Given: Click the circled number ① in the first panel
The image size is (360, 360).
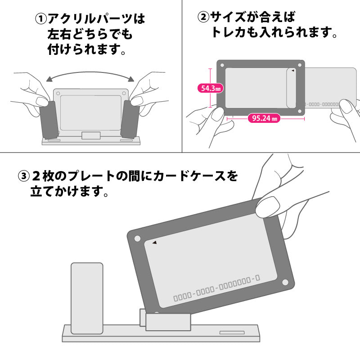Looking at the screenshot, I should [41, 19].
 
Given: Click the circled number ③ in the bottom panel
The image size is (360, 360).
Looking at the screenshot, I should [23, 175].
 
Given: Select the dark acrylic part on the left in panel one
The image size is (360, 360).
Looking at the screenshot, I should [49, 119].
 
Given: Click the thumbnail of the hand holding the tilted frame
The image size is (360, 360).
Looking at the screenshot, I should [269, 206].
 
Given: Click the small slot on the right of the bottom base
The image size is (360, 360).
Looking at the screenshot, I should [232, 333].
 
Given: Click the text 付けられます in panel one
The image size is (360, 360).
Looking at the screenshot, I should [85, 49].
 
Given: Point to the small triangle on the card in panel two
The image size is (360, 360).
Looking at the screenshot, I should [293, 71].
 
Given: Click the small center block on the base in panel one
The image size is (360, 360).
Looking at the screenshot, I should [91, 135].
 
